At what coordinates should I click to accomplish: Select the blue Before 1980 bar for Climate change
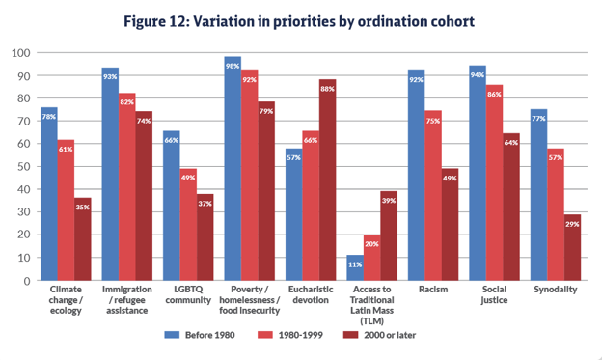coord(49,194)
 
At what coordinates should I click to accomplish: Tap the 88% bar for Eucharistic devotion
coord(327,180)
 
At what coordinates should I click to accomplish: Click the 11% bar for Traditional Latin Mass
coord(355,267)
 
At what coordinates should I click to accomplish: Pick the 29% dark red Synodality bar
coord(572,247)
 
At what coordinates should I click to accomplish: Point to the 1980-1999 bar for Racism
coord(433,196)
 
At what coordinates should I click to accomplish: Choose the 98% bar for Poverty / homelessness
coord(233,169)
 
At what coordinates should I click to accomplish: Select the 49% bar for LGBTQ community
coord(188,225)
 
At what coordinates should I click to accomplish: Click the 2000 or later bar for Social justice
coord(511,208)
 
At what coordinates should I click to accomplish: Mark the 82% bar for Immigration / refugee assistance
coord(127,186)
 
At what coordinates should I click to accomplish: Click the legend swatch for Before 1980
coord(172,335)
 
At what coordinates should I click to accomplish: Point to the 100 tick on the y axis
coord(20,53)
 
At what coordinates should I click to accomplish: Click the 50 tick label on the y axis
coord(24,167)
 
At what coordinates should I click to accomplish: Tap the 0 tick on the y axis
coord(27,281)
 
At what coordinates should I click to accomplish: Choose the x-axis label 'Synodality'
coord(555,290)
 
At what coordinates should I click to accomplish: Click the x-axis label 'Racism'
coord(433,290)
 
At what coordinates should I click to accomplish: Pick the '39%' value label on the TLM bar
coord(389,201)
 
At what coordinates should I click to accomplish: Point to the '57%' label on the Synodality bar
coord(556,157)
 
